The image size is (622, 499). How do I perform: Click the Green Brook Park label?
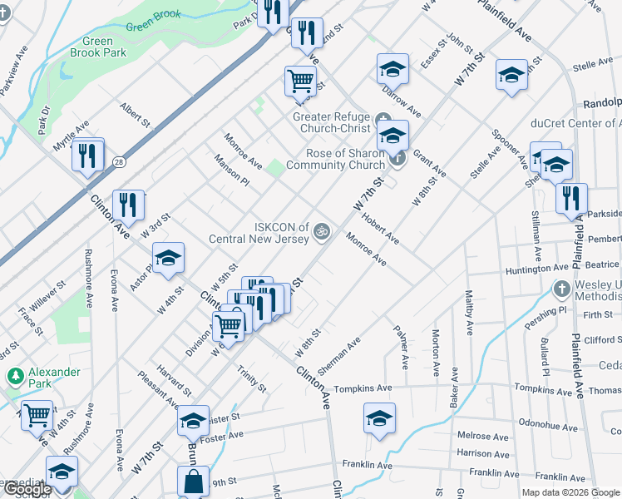coord(104,47)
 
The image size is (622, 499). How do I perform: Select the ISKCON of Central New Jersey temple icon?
coord(322,230)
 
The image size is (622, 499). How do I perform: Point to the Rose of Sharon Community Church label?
coord(334,159)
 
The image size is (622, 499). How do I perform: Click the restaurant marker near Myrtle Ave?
coord(87,155)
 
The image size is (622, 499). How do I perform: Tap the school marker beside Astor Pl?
coord(168,259)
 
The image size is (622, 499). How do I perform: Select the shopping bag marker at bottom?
coord(193,482)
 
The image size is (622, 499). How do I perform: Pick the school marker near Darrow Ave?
coord(392,70)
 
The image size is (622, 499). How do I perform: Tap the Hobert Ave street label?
coord(381,231)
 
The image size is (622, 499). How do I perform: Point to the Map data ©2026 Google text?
coord(570,492)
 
